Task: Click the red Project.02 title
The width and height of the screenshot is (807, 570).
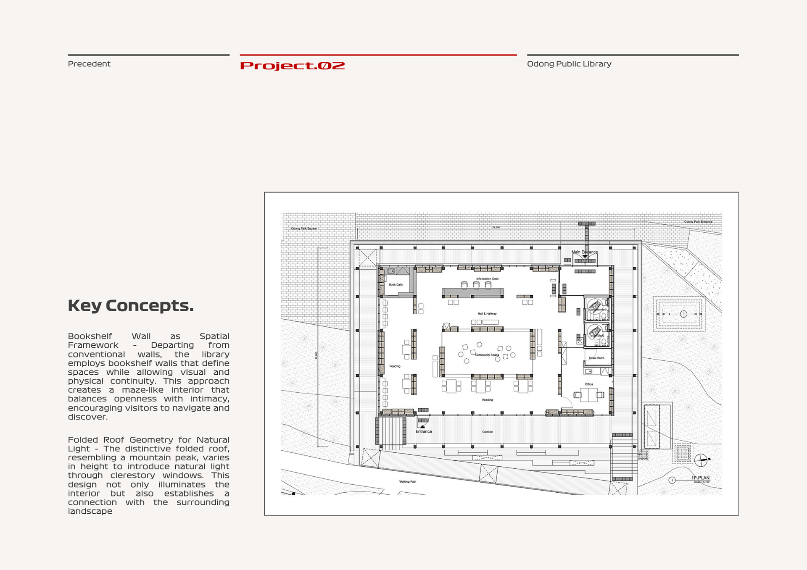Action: pos(292,66)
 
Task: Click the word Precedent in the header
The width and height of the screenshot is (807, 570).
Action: pos(89,64)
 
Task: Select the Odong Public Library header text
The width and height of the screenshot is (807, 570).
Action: pos(569,64)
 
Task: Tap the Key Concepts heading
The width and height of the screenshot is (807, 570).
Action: pos(131,305)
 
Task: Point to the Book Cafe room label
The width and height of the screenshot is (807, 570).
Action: pos(396,285)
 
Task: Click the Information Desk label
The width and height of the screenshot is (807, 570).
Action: pos(487,279)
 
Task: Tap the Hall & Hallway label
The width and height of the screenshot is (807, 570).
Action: pos(487,314)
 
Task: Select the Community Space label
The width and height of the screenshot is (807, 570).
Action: pos(487,355)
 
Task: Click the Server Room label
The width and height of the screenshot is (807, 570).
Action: pos(596,358)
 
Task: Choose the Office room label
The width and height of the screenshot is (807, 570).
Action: pos(589,384)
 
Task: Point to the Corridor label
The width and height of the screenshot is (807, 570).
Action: pos(487,432)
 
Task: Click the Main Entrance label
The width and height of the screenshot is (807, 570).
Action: pos(584,252)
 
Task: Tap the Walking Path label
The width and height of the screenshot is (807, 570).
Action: pos(407,482)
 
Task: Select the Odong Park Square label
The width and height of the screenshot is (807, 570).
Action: pos(303,229)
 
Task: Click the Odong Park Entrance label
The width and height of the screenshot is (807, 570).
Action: pos(698,221)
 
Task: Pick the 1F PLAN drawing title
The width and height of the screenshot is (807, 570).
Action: pos(700,478)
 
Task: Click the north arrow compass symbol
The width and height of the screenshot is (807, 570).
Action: pos(701,460)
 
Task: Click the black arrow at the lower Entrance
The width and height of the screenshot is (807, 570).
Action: pos(422,426)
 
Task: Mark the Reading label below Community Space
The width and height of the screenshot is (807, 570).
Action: pos(487,400)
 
